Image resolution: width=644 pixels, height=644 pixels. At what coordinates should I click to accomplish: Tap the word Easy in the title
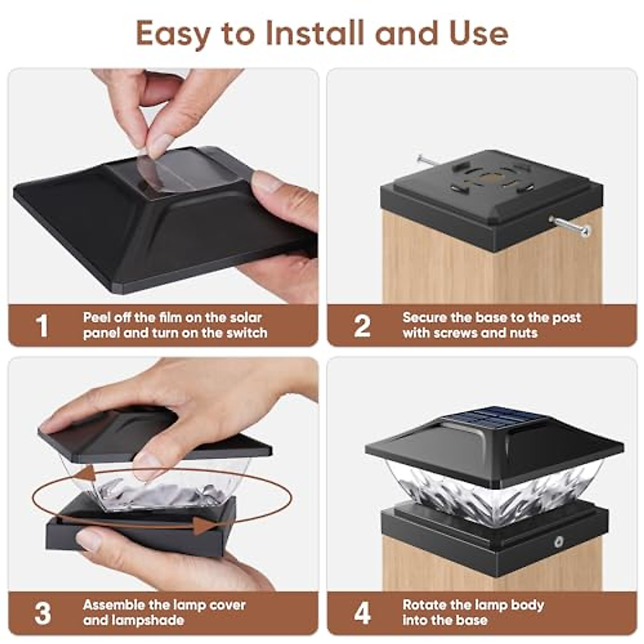pos(174,35)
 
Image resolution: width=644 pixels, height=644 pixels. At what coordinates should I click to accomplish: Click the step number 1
pos(42,326)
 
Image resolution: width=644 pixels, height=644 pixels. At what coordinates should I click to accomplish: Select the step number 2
pos(362,326)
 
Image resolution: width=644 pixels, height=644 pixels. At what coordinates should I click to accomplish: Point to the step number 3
pos(42,613)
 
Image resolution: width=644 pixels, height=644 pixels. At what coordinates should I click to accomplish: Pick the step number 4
pos(362,613)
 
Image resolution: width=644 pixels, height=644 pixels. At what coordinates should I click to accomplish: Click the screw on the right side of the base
pos(570,226)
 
